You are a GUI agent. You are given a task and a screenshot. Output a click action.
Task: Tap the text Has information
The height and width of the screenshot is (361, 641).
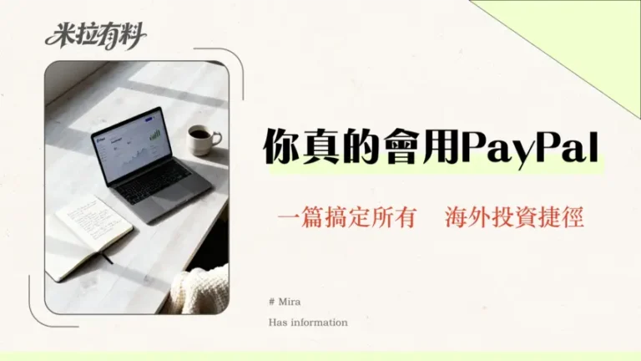(308, 322)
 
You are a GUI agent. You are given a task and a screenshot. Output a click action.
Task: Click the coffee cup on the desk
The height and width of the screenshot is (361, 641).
(200, 140)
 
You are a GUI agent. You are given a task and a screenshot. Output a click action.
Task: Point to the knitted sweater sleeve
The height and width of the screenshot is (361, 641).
(201, 288)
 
